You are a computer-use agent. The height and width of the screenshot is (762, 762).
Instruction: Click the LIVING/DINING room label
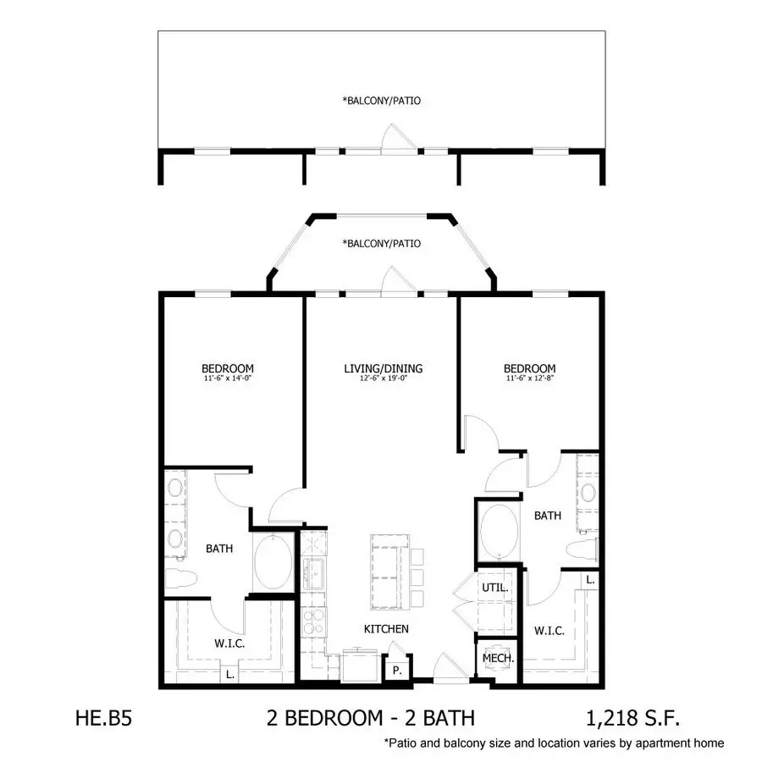(383, 368)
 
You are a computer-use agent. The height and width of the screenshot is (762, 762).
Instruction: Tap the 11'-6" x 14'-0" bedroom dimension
(228, 378)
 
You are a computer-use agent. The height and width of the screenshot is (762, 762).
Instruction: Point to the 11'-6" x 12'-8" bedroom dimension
(530, 378)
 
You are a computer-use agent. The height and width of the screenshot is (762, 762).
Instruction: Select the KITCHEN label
(386, 629)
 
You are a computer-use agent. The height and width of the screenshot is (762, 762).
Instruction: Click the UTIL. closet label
(495, 588)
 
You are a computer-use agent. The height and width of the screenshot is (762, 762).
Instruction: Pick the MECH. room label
(498, 659)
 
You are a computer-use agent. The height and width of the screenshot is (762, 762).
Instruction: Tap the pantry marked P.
(397, 671)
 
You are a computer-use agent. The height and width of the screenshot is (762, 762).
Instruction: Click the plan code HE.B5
(103, 718)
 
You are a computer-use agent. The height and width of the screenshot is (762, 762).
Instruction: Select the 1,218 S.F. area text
(632, 718)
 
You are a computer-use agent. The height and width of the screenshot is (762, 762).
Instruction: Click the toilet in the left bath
(180, 579)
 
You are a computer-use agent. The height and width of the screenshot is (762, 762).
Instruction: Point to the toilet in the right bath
(582, 549)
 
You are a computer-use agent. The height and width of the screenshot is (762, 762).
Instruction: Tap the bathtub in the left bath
(273, 562)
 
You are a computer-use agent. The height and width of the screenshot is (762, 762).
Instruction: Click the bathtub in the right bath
(499, 533)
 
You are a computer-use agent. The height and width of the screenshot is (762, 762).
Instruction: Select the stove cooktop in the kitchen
(313, 621)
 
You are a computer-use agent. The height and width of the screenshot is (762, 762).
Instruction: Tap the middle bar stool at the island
(417, 577)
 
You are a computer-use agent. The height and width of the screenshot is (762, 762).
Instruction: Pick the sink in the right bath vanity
(588, 493)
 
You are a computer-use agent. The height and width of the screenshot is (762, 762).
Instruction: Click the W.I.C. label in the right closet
(549, 631)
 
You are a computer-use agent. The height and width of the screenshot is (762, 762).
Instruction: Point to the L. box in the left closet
(230, 674)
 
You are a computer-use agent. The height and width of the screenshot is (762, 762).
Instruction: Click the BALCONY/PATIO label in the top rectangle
(382, 101)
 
